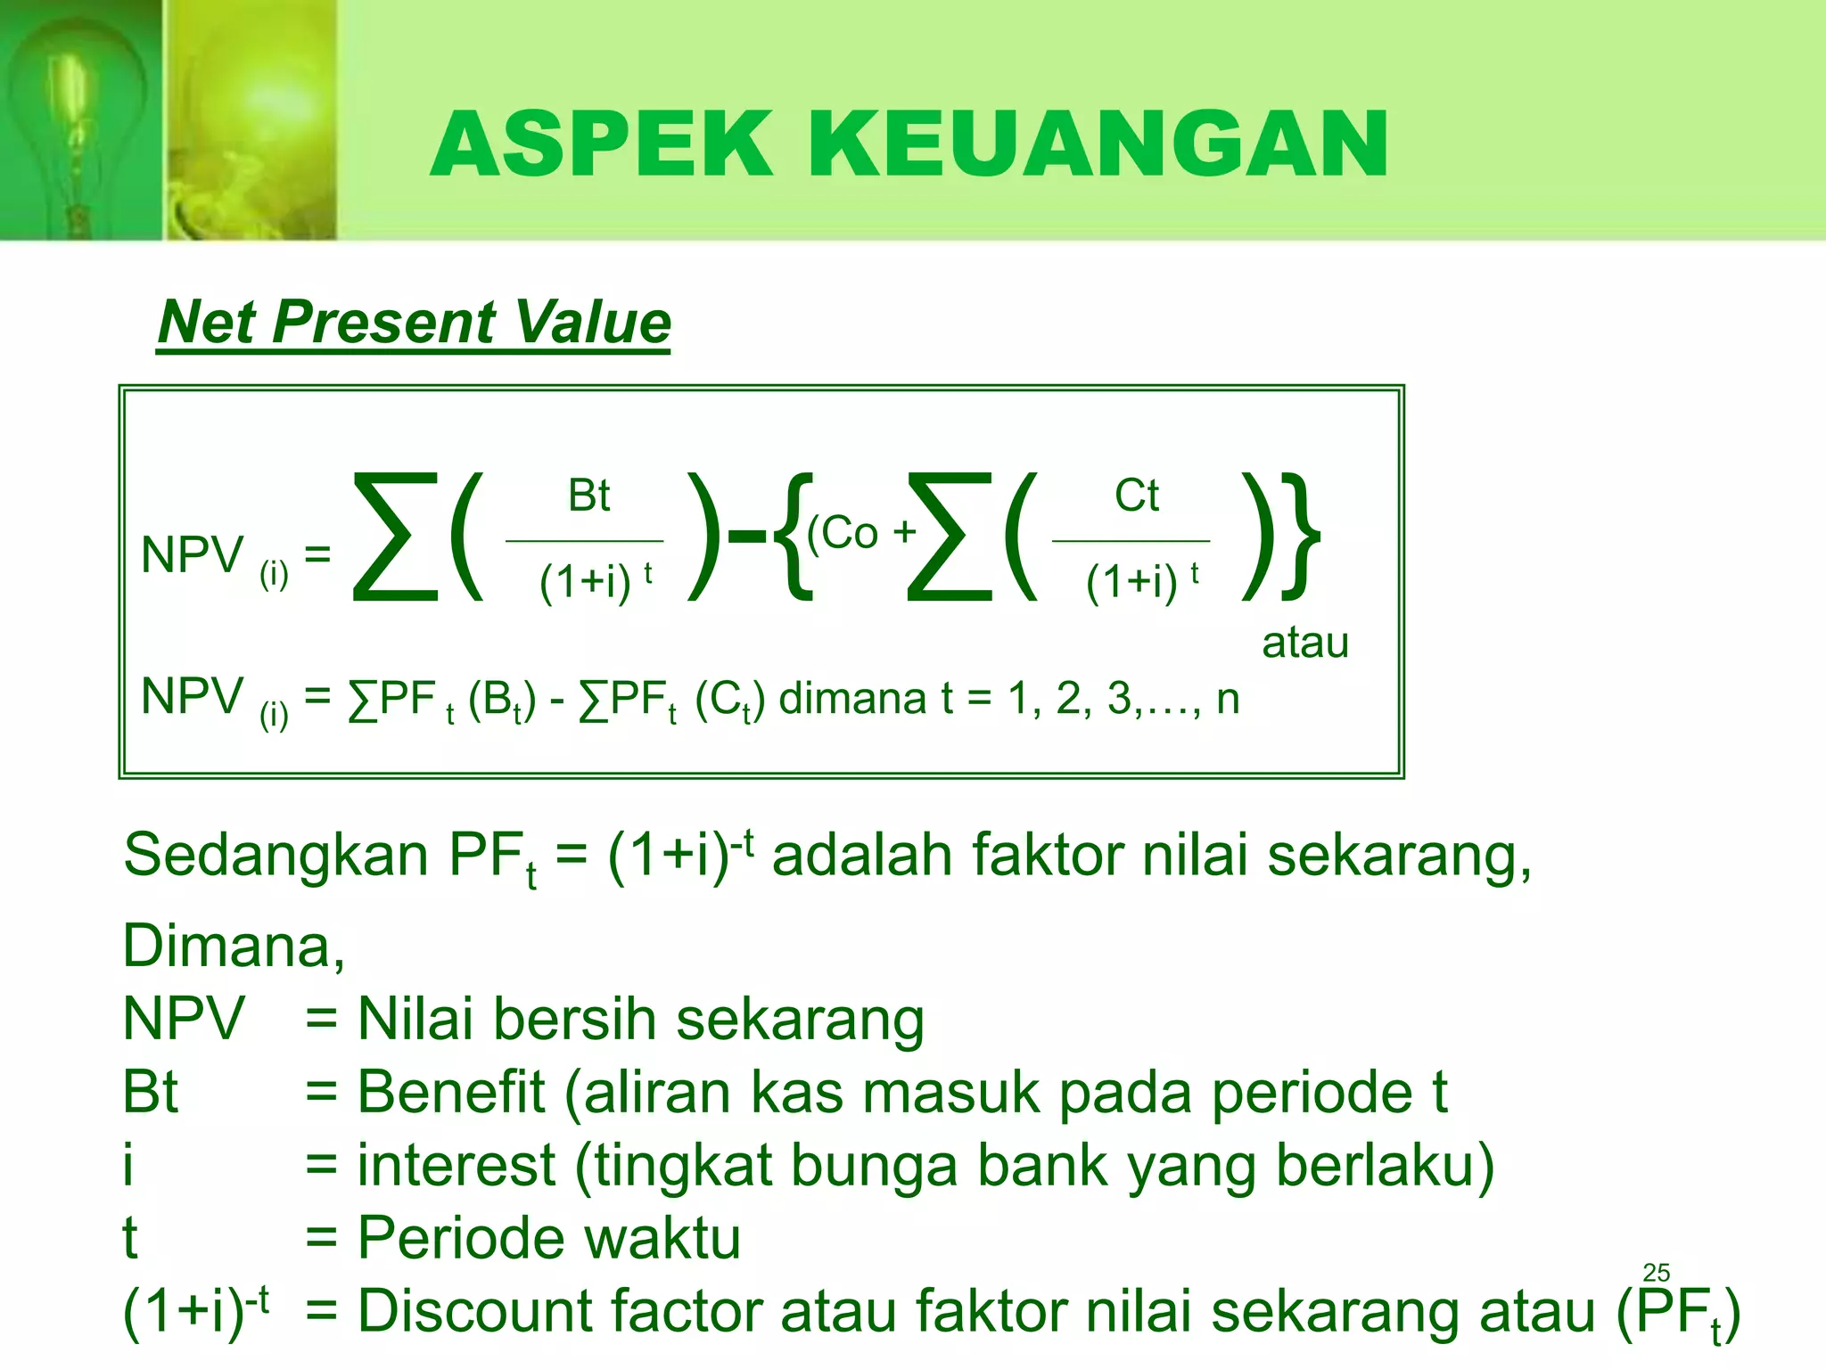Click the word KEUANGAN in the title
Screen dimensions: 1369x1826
1098,144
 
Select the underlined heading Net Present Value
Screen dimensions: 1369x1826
414,322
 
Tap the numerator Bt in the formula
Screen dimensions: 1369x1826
588,496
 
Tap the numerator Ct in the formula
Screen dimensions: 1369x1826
1136,496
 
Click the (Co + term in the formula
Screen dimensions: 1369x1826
861,533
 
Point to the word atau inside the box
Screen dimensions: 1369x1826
1304,643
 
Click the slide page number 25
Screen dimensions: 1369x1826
1656,1272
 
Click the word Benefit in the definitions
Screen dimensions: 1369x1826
451,1092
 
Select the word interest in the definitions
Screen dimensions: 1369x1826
456,1166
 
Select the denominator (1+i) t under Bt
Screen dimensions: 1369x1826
595,582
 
